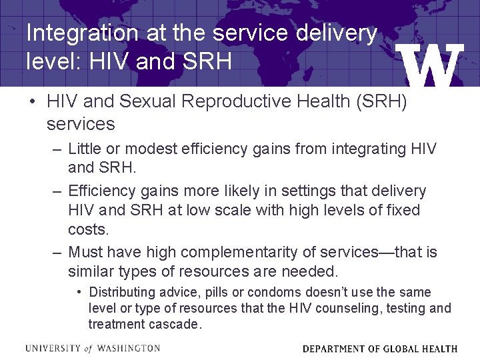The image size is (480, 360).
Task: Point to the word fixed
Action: coord(401,211)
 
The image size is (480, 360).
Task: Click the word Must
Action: coord(86,252)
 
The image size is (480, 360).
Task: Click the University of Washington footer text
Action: coord(93,348)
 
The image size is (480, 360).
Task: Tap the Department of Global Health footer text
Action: coord(380,348)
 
